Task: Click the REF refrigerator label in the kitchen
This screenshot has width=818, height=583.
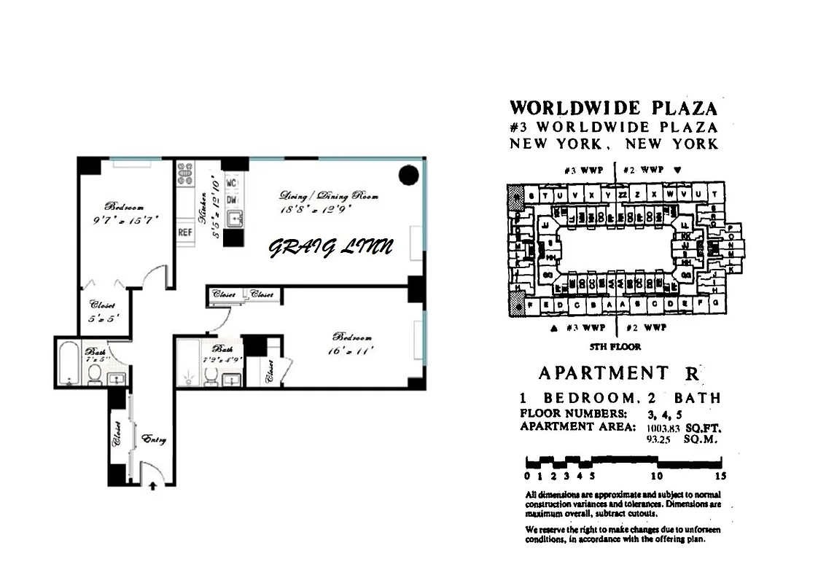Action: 184,233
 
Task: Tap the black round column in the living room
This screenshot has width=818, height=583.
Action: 409,176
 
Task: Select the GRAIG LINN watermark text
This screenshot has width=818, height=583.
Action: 331,248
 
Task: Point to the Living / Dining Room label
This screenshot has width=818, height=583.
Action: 329,196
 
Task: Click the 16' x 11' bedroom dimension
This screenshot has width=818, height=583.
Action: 353,351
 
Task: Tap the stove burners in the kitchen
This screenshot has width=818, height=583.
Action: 185,173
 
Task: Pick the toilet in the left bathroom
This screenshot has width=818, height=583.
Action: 94,374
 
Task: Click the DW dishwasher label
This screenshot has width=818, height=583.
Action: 232,199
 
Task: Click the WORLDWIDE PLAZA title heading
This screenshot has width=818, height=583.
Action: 613,109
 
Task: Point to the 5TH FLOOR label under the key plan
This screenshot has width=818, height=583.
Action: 615,347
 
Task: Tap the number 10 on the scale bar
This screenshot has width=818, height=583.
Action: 656,476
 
